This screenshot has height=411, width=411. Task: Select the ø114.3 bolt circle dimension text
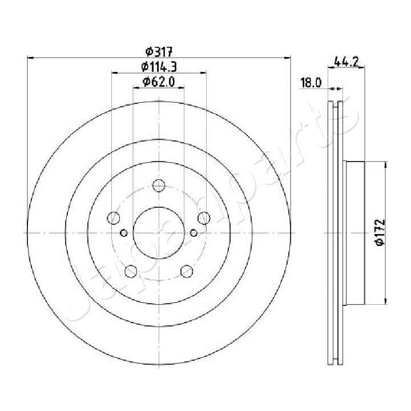159,67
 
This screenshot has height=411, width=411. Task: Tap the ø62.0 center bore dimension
159,82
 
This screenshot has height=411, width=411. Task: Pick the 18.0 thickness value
311,83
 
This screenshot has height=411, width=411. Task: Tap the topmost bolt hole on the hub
159,186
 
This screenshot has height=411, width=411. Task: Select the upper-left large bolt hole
114,218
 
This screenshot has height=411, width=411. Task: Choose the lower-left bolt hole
131,271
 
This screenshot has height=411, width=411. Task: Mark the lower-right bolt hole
186,271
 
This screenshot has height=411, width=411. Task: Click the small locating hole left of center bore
124,232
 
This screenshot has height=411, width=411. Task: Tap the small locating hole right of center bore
194,232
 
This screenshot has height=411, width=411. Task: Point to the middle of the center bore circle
159,232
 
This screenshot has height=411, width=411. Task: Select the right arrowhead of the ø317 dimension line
288,58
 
